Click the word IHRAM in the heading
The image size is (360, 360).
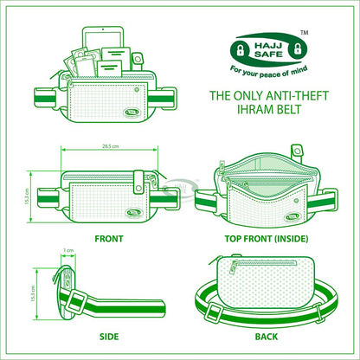[x=244, y=110]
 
